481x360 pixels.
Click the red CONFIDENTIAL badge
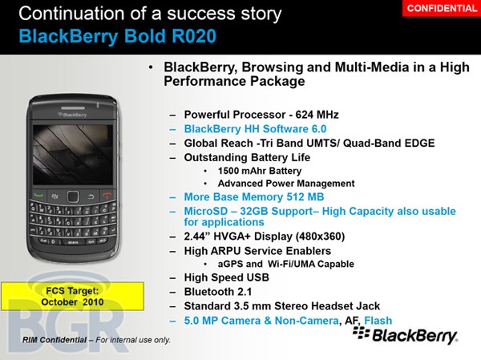tap(442, 8)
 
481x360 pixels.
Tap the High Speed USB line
tap(227, 277)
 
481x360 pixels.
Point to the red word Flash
tap(378, 319)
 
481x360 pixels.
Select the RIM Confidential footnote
tap(96, 339)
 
